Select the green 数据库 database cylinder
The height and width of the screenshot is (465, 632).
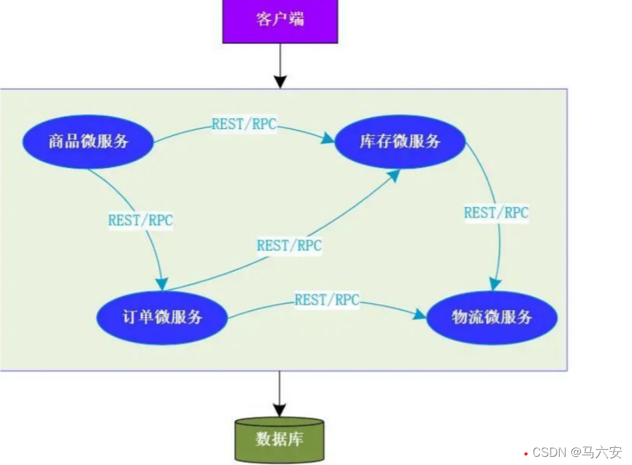[279, 438]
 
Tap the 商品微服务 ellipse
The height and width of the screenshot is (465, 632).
[89, 142]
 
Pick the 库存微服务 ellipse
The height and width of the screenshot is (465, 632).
[400, 142]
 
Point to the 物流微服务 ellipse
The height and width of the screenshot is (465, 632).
[492, 318]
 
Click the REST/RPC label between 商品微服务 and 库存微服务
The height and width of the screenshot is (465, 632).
[244, 124]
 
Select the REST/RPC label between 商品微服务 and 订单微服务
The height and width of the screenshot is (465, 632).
[141, 221]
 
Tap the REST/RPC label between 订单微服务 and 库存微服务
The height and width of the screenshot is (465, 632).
[289, 245]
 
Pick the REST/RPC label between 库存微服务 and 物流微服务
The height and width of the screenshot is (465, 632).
[496, 212]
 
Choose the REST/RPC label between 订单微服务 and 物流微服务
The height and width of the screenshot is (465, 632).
[327, 299]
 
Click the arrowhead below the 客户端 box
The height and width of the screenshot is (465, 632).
[279, 81]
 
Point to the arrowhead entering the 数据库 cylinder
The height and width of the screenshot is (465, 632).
[279, 409]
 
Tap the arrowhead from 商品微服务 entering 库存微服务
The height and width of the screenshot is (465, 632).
[328, 139]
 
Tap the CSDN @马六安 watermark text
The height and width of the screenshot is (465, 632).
[577, 452]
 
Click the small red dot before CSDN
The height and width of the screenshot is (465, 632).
[526, 453]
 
